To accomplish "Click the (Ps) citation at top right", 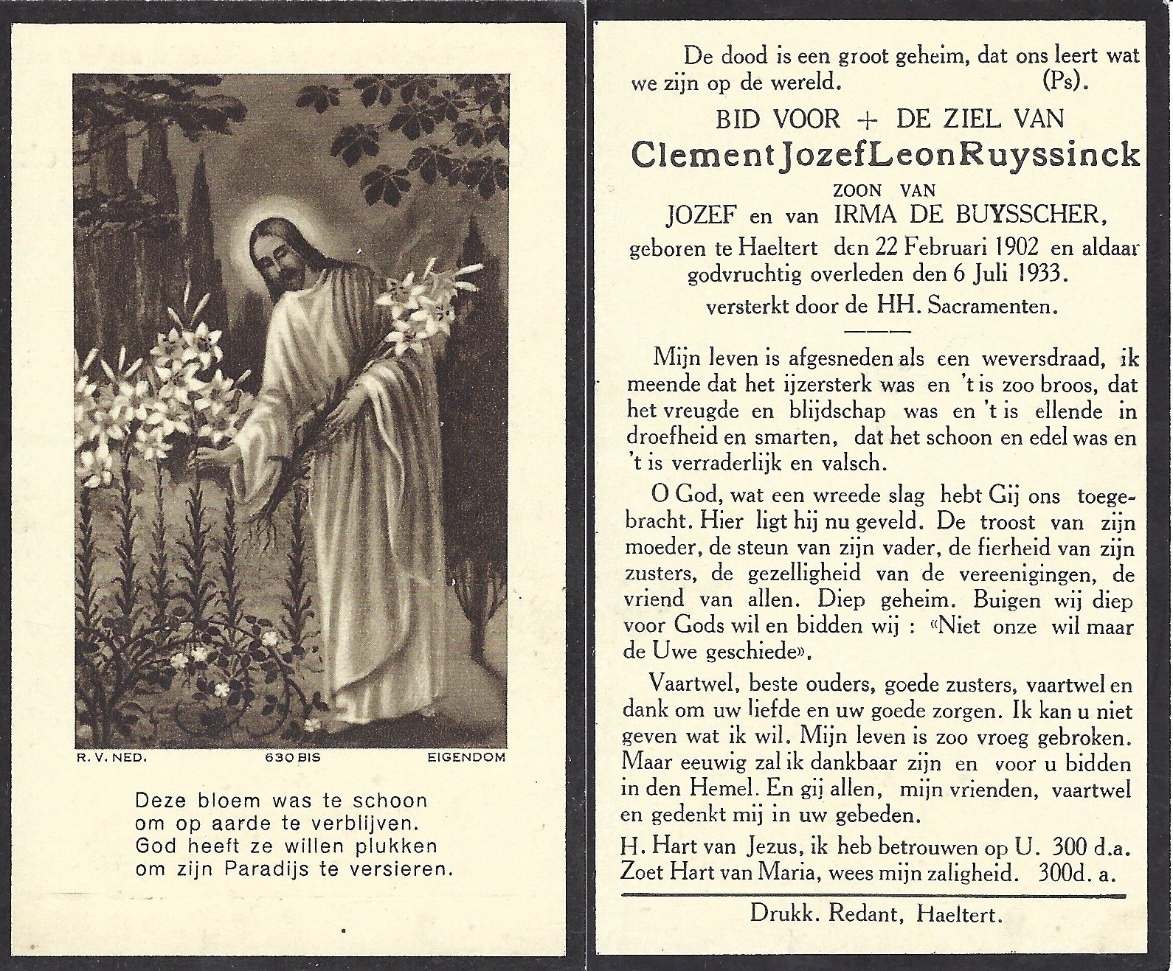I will click(x=1065, y=81).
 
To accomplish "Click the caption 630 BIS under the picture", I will click(x=292, y=757).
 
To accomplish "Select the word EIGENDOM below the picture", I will click(x=466, y=757).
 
